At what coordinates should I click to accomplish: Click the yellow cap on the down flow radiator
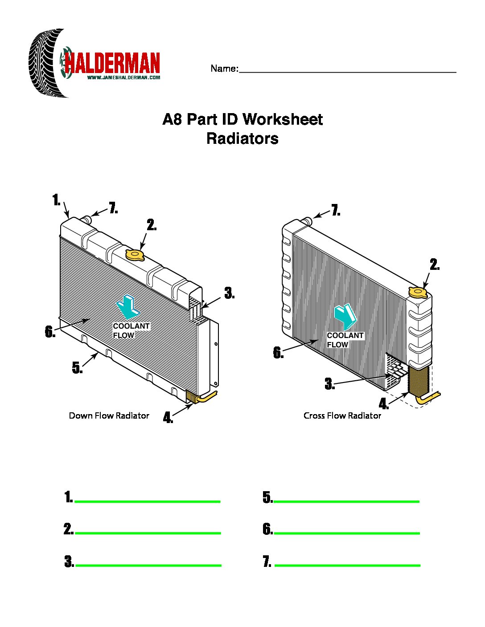(x=135, y=255)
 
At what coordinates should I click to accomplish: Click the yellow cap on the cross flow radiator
(x=418, y=293)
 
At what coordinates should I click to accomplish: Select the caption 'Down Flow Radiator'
(x=109, y=415)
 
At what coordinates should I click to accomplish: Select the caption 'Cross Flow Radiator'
(x=342, y=415)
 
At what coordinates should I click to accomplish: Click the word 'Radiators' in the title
(x=242, y=138)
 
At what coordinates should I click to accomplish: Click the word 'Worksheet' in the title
(x=282, y=119)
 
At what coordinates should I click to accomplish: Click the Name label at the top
(x=224, y=69)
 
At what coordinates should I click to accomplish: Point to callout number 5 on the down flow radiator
(x=77, y=368)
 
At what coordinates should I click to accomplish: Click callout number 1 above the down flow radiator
(x=56, y=200)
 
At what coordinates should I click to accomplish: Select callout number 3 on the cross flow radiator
(x=329, y=384)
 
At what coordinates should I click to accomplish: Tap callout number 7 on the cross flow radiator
(x=336, y=210)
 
